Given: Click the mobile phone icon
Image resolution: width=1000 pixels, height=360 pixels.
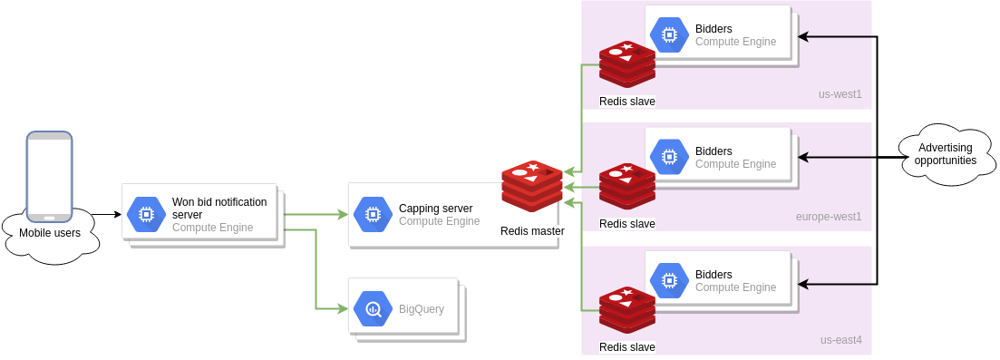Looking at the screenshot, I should tap(49, 176).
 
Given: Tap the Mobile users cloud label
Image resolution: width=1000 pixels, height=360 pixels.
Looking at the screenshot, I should tap(50, 233).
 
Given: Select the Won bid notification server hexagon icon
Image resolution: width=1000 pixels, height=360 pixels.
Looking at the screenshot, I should tap(145, 214).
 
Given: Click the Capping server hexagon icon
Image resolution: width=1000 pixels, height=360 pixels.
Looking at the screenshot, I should tap(372, 214).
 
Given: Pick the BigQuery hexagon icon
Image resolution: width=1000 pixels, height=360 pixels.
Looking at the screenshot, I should tap(372, 309).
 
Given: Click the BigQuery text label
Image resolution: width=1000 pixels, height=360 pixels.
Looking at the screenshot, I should tap(422, 309).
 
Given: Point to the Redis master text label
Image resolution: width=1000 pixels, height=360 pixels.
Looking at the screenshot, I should tap(532, 231).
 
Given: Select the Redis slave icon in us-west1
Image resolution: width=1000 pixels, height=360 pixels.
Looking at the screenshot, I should tap(627, 64).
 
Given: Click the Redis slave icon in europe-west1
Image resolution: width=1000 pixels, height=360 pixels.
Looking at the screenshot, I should tap(627, 188).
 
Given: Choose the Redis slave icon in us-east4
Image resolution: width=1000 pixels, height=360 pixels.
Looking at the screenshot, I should tap(627, 311).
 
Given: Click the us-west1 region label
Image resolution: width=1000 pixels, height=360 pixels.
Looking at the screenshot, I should tap(840, 93).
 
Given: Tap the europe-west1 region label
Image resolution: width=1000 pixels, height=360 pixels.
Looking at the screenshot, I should tap(829, 217).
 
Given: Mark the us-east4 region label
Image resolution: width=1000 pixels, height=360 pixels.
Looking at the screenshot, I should tap(840, 340).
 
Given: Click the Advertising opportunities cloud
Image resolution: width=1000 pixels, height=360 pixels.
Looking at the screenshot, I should tap(945, 154).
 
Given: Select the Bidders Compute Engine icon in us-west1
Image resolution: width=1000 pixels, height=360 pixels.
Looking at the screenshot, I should tap(669, 34).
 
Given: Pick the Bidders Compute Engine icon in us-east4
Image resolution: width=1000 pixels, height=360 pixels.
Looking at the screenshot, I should tap(669, 281).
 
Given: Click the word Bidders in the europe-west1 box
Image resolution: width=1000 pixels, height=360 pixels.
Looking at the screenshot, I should tap(714, 151).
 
